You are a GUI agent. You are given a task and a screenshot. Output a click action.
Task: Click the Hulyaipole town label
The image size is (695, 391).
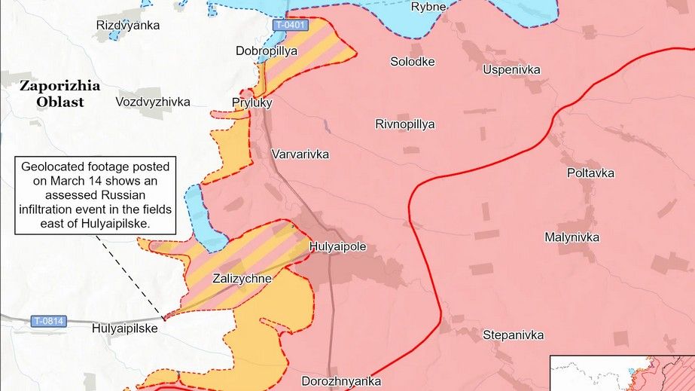337,246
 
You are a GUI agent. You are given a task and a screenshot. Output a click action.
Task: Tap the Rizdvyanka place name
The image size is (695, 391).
128,26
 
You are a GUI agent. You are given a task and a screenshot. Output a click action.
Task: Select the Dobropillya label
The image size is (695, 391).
266,51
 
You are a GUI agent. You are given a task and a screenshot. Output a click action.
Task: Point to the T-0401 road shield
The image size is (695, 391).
291,25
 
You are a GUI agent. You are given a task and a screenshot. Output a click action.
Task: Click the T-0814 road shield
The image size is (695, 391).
49,322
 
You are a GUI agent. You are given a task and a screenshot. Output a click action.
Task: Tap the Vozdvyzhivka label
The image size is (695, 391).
153,102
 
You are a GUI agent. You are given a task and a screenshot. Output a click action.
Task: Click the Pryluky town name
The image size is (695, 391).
252,102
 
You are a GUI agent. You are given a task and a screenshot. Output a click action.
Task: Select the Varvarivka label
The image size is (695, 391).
300,154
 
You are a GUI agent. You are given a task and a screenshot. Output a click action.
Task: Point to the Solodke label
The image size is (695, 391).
412,62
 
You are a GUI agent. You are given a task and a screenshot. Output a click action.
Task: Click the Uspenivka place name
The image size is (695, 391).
511,70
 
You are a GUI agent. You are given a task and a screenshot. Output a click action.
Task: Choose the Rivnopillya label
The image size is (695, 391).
405,124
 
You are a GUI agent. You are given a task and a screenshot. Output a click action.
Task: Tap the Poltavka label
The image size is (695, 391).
590,173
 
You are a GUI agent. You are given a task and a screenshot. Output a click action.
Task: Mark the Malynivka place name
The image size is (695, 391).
572,237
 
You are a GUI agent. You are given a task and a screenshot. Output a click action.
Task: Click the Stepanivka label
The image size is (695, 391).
513,334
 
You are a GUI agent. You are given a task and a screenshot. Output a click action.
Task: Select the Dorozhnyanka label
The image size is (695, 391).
341,381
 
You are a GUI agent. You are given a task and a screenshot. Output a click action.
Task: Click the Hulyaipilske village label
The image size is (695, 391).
125,328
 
